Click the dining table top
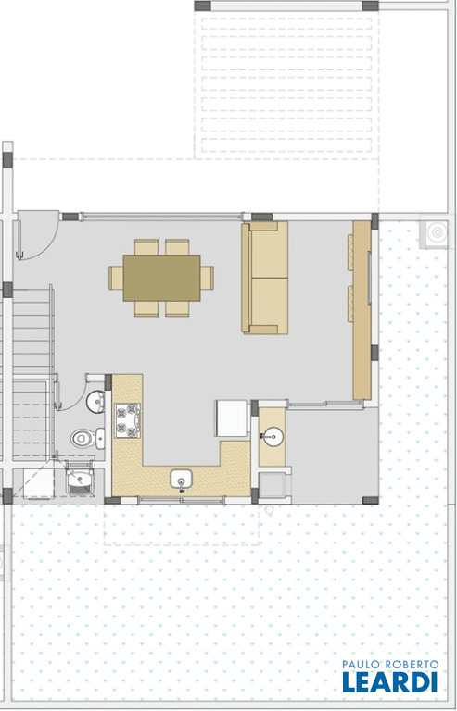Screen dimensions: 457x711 tap(161, 278)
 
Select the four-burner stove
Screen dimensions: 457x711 tap(128, 420)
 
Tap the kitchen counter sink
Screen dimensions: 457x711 tap(182, 480)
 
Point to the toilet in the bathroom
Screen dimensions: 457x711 tap(87, 439)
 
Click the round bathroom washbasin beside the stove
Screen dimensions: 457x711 tap(95, 402)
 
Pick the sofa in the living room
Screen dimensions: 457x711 tap(264, 278)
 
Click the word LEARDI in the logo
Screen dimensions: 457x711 tap(390, 681)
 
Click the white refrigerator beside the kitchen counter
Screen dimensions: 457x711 tap(232, 418)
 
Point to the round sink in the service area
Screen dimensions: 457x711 tap(273, 436)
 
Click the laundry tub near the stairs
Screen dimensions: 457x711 tap(80, 478)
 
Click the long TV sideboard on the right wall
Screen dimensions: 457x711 tap(362, 310)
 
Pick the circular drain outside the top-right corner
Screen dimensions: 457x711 tap(437, 232)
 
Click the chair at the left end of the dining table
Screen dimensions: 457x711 tap(116, 278)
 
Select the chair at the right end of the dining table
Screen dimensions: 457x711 tap(208, 278)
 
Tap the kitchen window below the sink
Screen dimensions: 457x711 tap(182, 500)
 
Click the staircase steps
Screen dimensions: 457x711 tap(31, 372)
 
